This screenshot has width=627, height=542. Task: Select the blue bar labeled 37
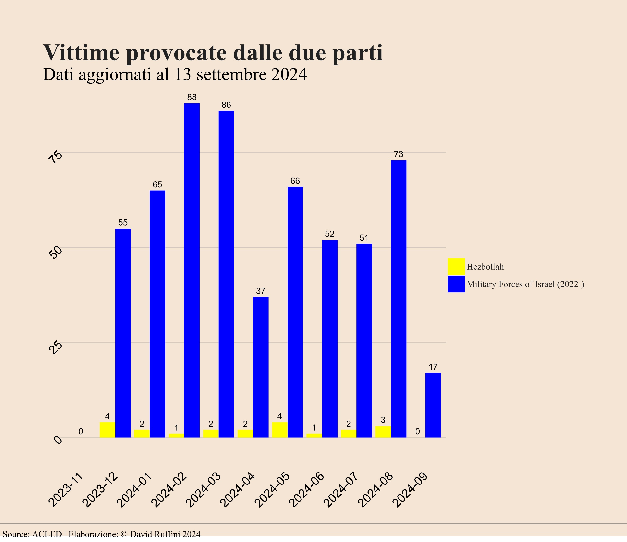[x=261, y=367]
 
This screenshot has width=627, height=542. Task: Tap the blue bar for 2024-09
[x=433, y=405]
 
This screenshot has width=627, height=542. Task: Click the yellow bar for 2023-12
[x=108, y=429]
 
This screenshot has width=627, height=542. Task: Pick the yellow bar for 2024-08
[x=383, y=431]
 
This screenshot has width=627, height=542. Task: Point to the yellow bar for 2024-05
[x=279, y=429]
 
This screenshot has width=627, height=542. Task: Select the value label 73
[x=398, y=154]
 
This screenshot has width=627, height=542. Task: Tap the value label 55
[x=123, y=223]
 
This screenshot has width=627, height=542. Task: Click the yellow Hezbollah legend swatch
[x=456, y=266]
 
